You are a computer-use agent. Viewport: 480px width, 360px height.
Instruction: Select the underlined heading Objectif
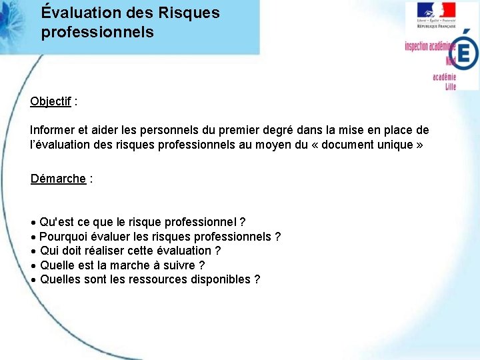tap(51, 101)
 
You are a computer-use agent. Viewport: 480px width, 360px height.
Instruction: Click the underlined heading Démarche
tap(58, 179)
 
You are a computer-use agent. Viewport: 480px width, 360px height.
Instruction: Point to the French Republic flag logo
tap(436, 11)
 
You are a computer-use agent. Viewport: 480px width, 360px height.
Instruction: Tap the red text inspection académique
tap(429, 46)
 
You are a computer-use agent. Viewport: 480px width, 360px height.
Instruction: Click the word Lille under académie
tap(450, 87)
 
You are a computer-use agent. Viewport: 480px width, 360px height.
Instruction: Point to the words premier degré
tap(299, 131)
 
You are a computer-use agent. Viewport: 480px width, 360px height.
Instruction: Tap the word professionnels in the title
tap(97, 32)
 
